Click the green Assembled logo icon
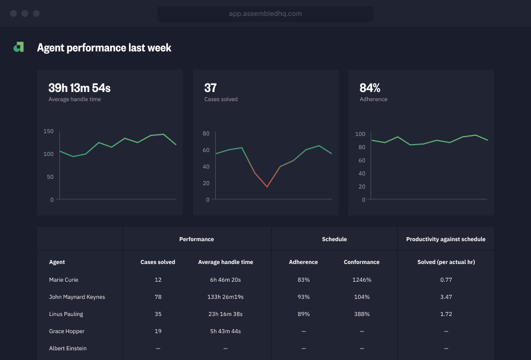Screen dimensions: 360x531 click(x=19, y=47)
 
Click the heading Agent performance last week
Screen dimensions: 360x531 click(x=104, y=48)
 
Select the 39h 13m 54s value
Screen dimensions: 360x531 click(x=79, y=88)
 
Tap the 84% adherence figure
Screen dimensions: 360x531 click(x=370, y=88)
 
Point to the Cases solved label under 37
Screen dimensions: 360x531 click(x=221, y=99)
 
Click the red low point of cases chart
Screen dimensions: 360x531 click(x=267, y=186)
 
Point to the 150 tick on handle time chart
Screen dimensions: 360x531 click(x=49, y=131)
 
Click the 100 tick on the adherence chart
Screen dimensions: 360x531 click(x=360, y=134)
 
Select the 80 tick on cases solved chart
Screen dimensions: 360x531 click(x=206, y=134)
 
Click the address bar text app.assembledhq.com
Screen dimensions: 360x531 click(x=265, y=14)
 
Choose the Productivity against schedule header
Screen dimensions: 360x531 click(x=445, y=239)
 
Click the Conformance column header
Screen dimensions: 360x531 click(x=361, y=262)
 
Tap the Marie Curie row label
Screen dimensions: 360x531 click(x=63, y=280)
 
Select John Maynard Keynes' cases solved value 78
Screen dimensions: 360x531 click(x=158, y=297)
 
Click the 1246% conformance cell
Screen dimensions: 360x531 click(x=361, y=280)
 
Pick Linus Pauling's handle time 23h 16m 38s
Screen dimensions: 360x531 click(x=226, y=314)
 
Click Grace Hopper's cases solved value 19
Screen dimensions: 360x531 click(x=158, y=331)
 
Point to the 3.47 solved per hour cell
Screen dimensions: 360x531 click(x=446, y=297)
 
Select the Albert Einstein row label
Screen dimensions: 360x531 click(x=68, y=349)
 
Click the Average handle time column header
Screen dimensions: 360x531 click(x=226, y=262)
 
